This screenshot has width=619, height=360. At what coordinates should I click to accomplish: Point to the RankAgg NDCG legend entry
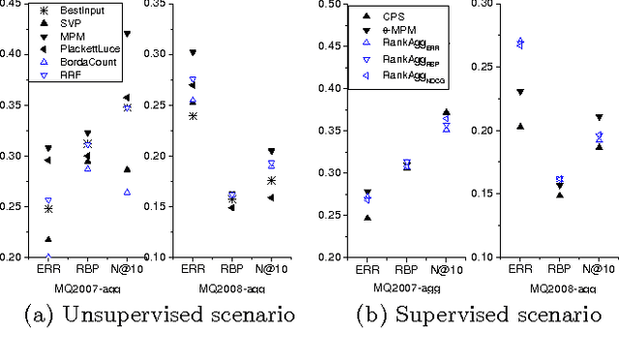coord(411,75)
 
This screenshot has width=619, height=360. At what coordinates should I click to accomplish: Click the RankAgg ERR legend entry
coord(409,46)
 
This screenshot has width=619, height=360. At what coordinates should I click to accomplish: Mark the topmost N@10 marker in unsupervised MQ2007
coord(127,33)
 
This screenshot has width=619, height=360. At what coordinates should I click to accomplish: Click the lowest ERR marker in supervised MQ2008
coord(520,126)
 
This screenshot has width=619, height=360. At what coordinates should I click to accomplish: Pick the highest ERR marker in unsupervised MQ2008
coord(192,52)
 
